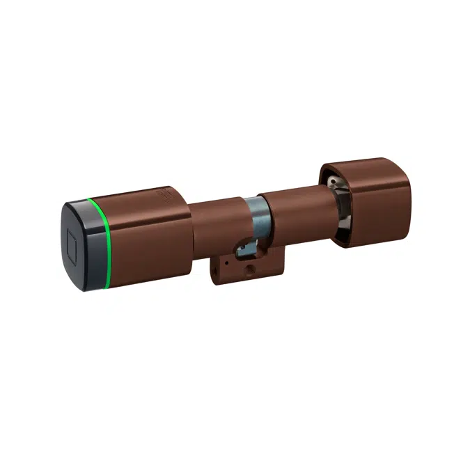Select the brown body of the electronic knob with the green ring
150,233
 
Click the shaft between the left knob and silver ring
216,223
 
